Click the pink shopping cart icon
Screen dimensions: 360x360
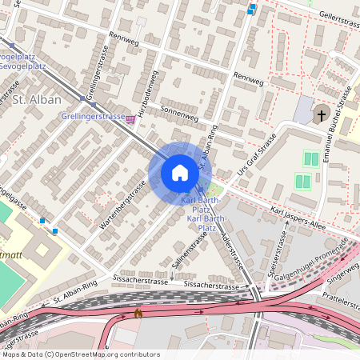pos(130,118)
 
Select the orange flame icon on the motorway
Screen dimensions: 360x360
pos(138,313)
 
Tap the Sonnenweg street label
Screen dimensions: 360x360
pos(179,114)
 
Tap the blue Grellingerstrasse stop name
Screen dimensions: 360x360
pos(91,116)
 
